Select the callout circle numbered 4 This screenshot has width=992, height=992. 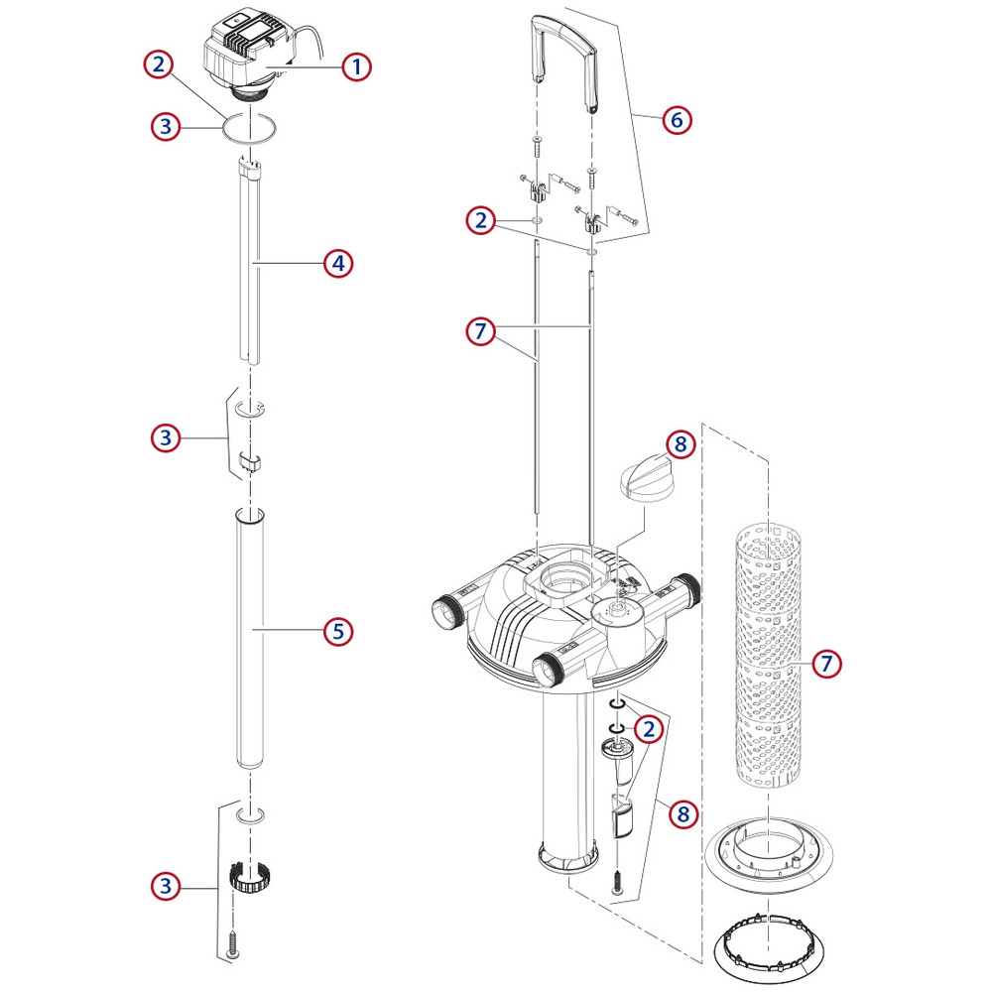pyautogui.click(x=338, y=263)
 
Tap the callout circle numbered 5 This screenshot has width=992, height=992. pyautogui.click(x=338, y=630)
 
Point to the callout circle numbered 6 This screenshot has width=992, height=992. pyautogui.click(x=677, y=119)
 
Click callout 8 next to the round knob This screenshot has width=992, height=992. pyautogui.click(x=680, y=444)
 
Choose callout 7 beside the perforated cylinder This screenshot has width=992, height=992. pyautogui.click(x=827, y=663)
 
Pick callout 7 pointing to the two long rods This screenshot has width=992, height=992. pyautogui.click(x=480, y=332)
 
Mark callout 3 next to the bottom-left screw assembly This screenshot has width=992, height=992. pyautogui.click(x=166, y=886)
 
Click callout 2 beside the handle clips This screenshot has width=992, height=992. pyautogui.click(x=480, y=220)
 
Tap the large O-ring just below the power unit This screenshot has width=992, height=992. pyautogui.click(x=249, y=128)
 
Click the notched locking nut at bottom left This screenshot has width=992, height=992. pyautogui.click(x=250, y=876)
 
